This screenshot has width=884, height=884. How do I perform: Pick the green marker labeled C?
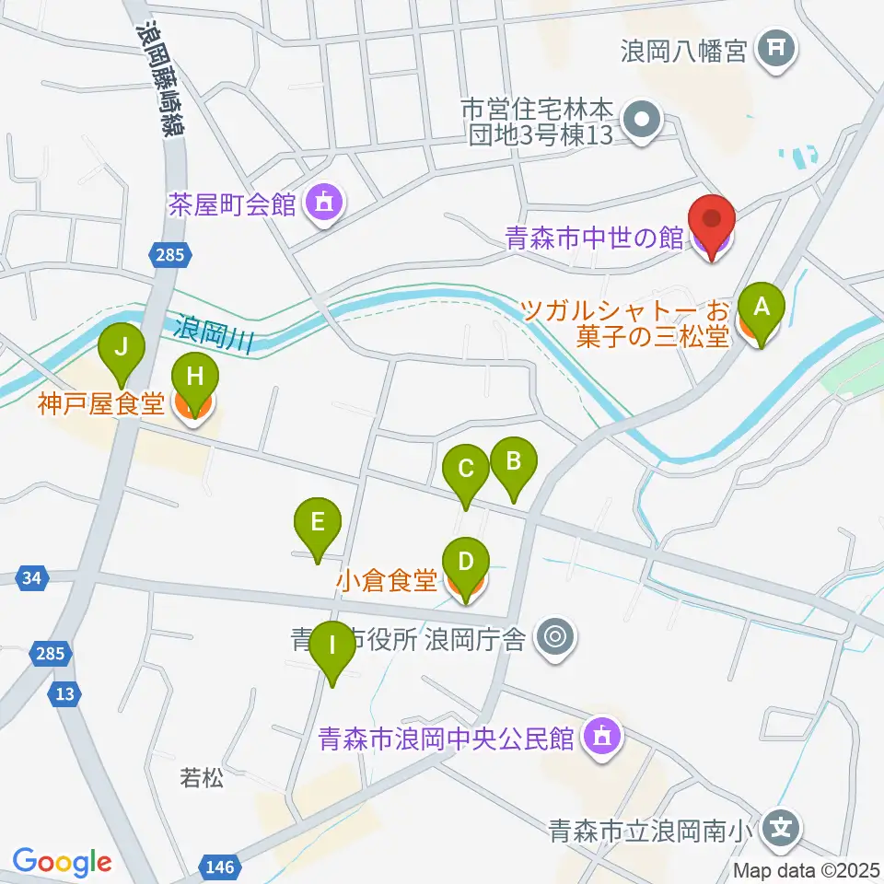coord(466,470)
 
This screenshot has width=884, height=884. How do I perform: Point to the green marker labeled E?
coord(318,524)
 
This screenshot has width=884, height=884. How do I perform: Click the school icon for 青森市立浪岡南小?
coord(781,827)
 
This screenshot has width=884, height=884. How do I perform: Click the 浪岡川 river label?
coord(214,331)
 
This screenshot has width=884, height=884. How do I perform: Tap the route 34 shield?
coord(32,578)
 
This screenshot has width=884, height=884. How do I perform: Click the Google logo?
coord(62,863)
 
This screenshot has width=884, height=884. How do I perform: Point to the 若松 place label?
coord(201,778)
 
